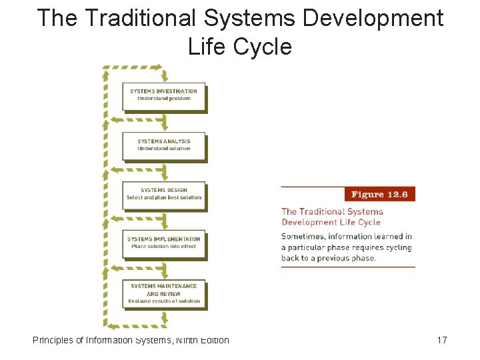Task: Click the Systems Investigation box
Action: pyautogui.click(x=163, y=95)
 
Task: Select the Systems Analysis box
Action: pyautogui.click(x=163, y=145)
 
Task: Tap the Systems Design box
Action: pyautogui.click(x=163, y=194)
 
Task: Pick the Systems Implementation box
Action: pyautogui.click(x=163, y=243)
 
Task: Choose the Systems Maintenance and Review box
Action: pyautogui.click(x=163, y=293)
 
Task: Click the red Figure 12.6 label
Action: pyautogui.click(x=379, y=194)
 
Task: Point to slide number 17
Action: pyautogui.click(x=441, y=341)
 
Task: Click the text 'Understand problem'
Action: pyautogui.click(x=163, y=99)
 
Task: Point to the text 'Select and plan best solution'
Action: pyautogui.click(x=163, y=197)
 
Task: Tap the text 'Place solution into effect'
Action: pyautogui.click(x=163, y=247)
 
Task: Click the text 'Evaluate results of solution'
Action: pyautogui.click(x=163, y=301)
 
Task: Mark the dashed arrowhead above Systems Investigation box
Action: pyautogui.click(x=158, y=67)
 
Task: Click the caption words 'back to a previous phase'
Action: pyautogui.click(x=328, y=258)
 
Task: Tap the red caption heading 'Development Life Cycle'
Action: pyautogui.click(x=331, y=222)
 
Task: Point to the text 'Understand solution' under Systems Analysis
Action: pyautogui.click(x=163, y=149)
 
